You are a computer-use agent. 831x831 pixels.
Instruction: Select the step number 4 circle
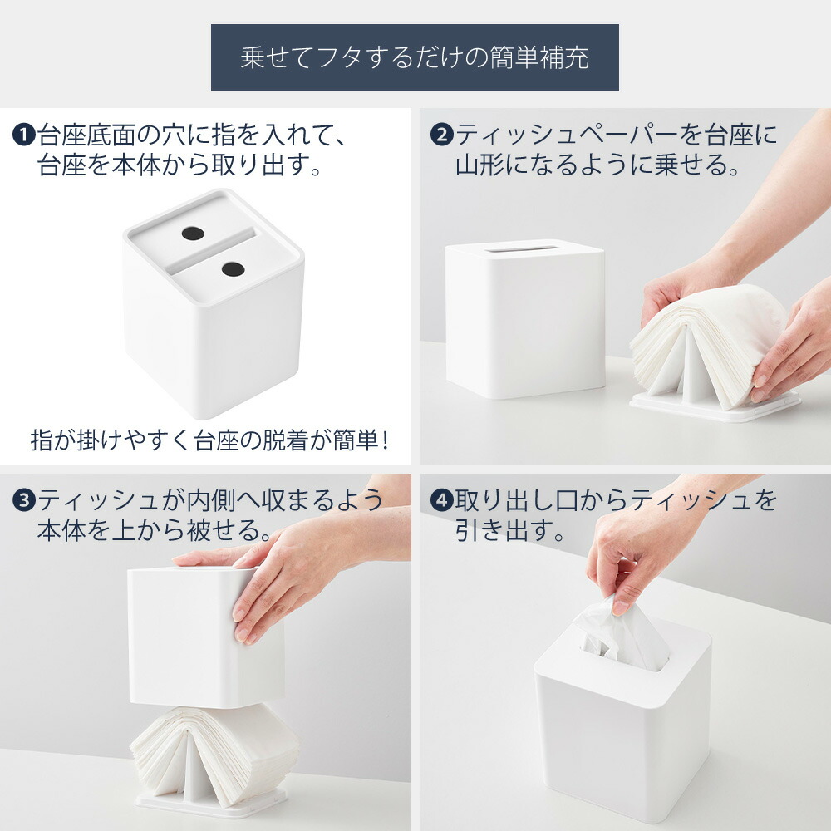441,500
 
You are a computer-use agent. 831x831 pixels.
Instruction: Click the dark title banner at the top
415,57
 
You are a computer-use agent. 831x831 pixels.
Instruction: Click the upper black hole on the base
193,234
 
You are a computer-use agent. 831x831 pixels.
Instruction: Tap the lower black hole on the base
234,268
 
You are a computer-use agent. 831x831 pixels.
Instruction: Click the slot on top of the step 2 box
523,248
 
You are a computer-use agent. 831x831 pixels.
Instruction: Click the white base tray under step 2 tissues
715,406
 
